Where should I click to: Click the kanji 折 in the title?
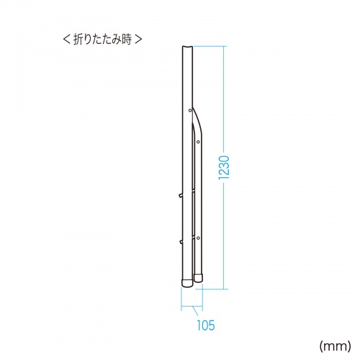pyautogui.click(x=78, y=39)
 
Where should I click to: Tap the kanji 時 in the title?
pyautogui.click(x=126, y=39)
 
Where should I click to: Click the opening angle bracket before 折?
pyautogui.click(x=66, y=40)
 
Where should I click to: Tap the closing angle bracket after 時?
pyautogui.click(x=138, y=40)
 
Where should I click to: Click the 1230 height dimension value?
pyautogui.click(x=224, y=167)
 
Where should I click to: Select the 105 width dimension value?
pyautogui.click(x=206, y=325)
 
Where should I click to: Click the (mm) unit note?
pyautogui.click(x=335, y=346)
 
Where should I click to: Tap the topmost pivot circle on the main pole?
pyautogui.click(x=190, y=110)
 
